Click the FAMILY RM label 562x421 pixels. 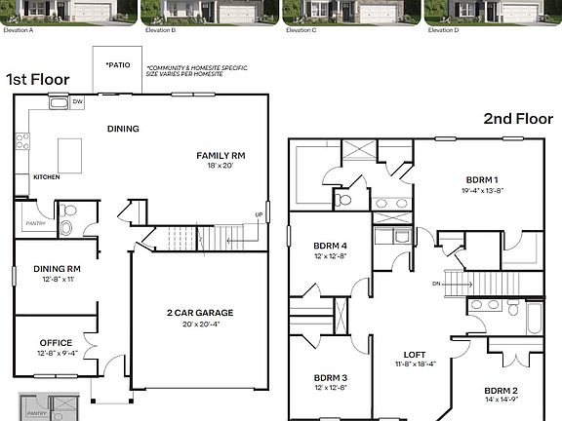(x=221, y=155)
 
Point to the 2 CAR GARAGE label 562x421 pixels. (x=200, y=313)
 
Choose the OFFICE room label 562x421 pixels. (x=56, y=342)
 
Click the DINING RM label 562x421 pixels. (x=57, y=268)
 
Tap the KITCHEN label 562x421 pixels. (x=47, y=177)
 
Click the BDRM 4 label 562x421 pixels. (x=330, y=245)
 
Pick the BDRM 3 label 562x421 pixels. (x=330, y=377)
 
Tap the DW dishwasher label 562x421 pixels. (x=77, y=101)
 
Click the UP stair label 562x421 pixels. (x=259, y=214)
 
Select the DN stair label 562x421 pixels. (x=438, y=283)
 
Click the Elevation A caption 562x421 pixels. (x=20, y=30)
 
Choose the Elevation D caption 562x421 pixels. (x=444, y=30)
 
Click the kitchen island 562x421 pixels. (x=68, y=154)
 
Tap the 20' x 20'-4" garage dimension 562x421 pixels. (x=200, y=325)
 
